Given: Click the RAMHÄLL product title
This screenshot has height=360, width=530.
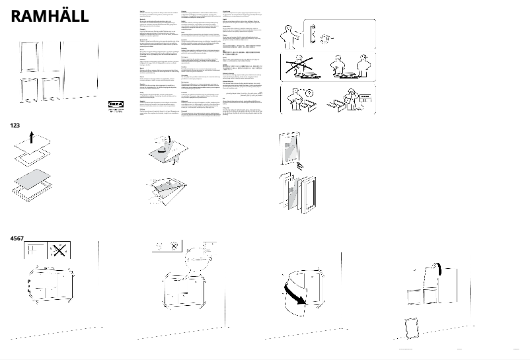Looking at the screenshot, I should [x=50, y=17].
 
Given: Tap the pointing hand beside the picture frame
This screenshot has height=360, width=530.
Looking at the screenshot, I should [x=301, y=163].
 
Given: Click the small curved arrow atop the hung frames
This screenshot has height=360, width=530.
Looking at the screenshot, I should [x=437, y=266].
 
